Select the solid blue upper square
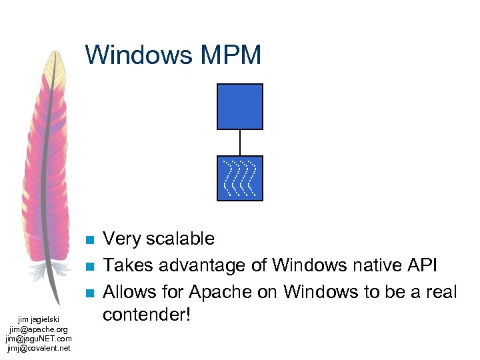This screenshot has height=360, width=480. tap(240, 106)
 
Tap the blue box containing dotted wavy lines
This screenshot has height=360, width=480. tap(240, 178)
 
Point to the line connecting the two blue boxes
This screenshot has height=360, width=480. tap(240, 142)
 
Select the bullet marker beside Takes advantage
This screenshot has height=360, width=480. tap(91, 267)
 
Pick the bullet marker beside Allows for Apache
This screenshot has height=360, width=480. tap(91, 293)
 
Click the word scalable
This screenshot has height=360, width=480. tap(182, 239)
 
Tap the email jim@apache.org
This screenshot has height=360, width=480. tap(39, 329)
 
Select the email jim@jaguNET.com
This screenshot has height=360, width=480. tap(39, 338)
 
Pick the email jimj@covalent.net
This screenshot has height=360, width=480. tap(39, 347)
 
